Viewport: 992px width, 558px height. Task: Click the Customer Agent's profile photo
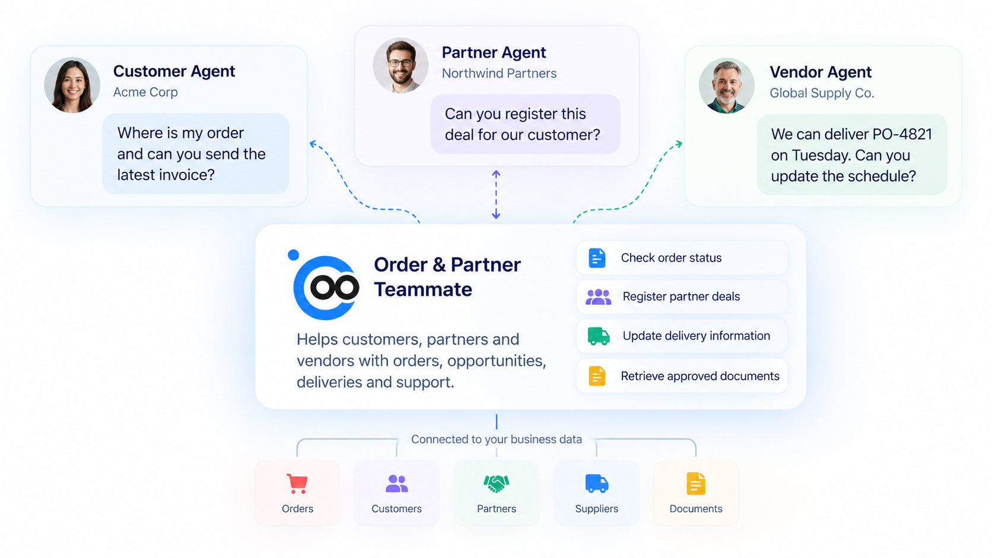(72, 85)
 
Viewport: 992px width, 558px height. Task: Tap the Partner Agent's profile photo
(400, 65)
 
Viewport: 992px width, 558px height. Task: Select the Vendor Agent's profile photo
(727, 85)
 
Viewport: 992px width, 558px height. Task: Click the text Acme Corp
(145, 92)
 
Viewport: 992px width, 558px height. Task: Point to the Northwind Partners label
(499, 74)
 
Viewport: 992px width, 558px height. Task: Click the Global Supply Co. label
(822, 93)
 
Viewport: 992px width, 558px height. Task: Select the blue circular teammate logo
(326, 288)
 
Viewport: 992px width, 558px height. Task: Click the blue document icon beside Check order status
(597, 258)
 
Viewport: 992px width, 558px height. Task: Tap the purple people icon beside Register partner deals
(598, 296)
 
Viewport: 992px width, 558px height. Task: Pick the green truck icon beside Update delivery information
(599, 336)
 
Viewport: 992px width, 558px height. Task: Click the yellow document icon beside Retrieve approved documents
(597, 376)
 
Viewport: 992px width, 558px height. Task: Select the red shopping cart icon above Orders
(297, 484)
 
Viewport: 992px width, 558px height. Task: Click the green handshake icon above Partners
(497, 484)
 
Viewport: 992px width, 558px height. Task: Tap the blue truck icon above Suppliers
(597, 484)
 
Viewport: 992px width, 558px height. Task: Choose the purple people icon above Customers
(396, 484)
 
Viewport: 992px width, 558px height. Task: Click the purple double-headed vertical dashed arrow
(496, 194)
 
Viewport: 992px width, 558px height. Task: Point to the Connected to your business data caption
(497, 439)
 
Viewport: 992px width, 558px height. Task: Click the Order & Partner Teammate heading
(447, 277)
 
